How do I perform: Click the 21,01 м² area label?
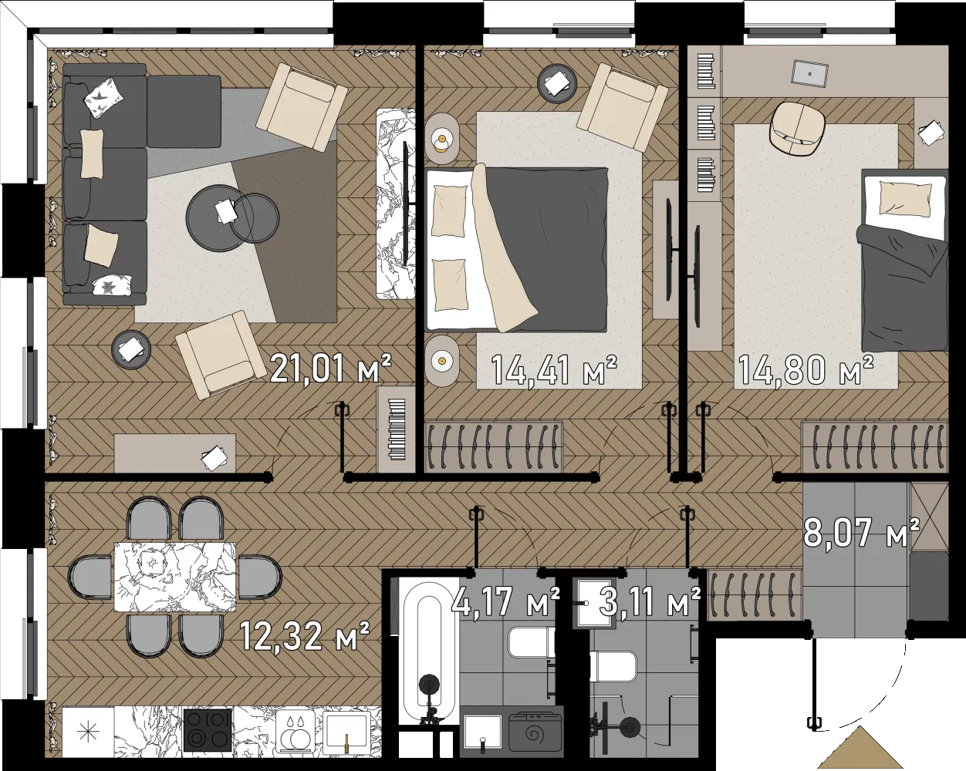[x=331, y=369]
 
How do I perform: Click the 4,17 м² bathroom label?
[x=505, y=601]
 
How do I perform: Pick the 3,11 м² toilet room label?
[x=650, y=601]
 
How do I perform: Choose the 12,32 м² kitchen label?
[x=305, y=635]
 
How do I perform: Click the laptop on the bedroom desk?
[x=809, y=72]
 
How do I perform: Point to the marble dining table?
[x=175, y=577]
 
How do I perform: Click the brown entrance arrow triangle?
[x=860, y=747]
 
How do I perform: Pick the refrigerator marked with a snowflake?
[x=88, y=732]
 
